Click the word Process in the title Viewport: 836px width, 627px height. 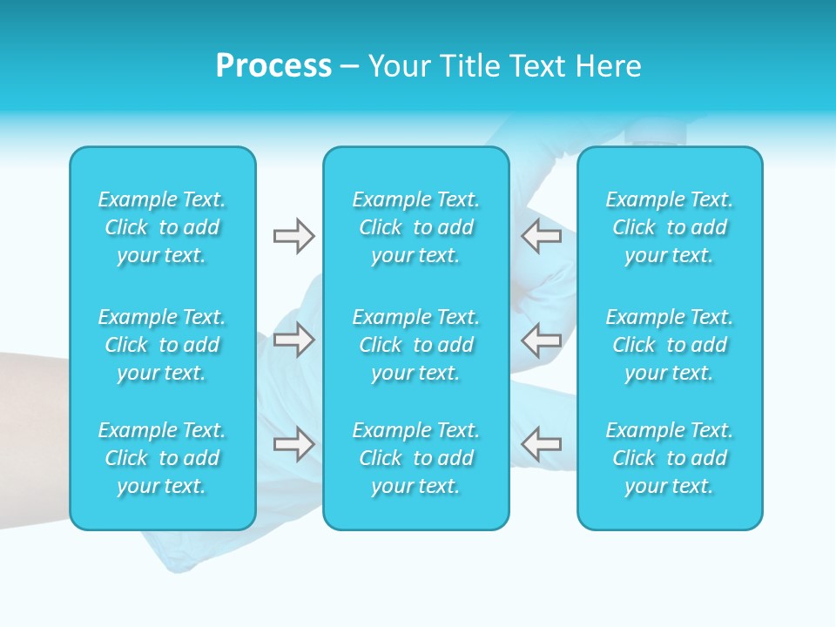pos(273,66)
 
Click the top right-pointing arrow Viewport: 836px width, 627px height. pos(293,236)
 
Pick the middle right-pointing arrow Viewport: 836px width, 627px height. pos(293,339)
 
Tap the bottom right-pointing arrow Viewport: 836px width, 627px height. pos(293,444)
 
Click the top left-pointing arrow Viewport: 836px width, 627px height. pos(542,236)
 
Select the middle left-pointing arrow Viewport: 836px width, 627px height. pos(542,339)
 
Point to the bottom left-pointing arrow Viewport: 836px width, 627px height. pos(542,444)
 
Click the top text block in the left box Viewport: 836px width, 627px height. pos(162,227)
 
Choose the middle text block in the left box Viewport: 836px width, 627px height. pos(162,345)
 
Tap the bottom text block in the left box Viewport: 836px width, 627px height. pos(162,458)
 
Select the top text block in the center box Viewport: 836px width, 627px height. pos(415,227)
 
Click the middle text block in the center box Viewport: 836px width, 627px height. pos(415,345)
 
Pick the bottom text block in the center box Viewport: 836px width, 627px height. pos(415,458)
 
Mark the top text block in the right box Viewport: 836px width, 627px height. pos(669,227)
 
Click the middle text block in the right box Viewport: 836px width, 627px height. pos(669,345)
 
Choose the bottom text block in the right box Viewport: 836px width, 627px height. pos(669,458)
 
